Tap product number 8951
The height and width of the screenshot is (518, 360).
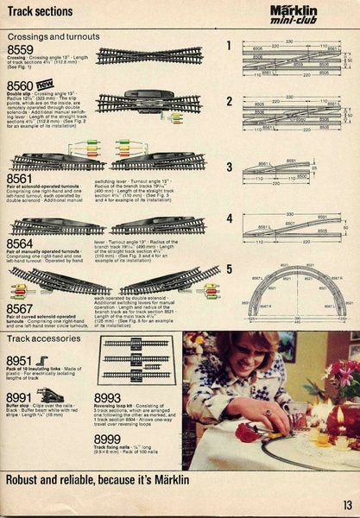[20, 360]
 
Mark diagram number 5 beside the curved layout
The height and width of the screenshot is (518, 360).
[230, 268]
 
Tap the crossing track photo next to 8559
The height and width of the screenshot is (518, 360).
[148, 56]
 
